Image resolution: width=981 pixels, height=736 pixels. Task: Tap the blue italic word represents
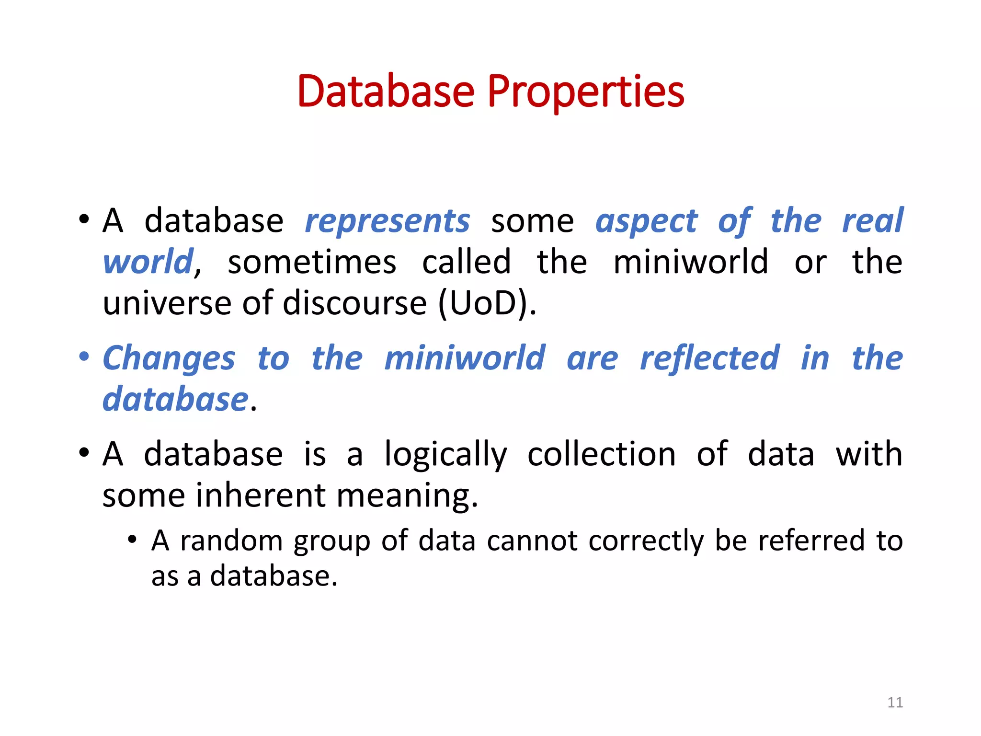pos(388,221)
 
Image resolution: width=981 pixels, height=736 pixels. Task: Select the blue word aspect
pos(646,221)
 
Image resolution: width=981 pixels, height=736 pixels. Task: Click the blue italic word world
pos(148,263)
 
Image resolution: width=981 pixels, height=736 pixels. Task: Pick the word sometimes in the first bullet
pos(312,263)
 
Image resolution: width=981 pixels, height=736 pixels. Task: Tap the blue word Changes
pos(169,359)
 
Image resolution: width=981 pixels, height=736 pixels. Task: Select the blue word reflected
pos(709,358)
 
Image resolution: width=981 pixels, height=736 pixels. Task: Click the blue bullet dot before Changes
pos(84,356)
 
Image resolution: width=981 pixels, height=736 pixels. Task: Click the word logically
pos(445,454)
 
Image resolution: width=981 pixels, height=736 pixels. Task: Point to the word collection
pos(601,454)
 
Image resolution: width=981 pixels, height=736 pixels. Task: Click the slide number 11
pos(895,702)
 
